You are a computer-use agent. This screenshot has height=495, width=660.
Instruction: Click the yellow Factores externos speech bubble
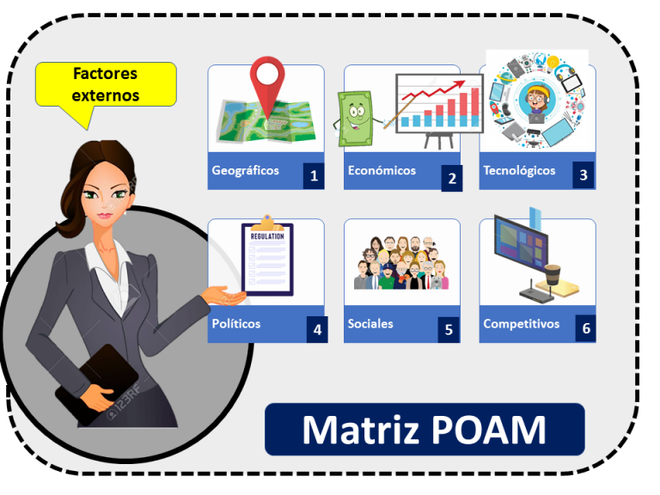point(106,85)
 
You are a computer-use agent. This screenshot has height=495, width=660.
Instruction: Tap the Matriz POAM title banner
point(424,430)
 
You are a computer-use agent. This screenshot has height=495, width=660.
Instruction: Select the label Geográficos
point(246,170)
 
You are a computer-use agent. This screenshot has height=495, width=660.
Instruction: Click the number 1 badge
point(313,176)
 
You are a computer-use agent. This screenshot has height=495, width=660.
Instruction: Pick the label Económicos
point(382,170)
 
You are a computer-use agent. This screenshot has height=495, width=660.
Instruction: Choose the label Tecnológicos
point(519,170)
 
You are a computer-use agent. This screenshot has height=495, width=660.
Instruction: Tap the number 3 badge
point(584,176)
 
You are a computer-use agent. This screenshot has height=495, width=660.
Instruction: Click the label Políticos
point(236,324)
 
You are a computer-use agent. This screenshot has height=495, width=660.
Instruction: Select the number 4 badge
point(317,328)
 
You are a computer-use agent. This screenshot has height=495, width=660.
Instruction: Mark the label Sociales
point(370,324)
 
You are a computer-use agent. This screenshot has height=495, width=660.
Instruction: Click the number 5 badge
point(449,328)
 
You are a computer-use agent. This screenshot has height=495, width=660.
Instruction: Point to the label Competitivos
point(521,324)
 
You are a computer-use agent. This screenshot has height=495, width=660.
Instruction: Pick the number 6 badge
point(585,328)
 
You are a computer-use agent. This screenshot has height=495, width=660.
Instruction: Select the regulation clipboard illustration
point(267,258)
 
